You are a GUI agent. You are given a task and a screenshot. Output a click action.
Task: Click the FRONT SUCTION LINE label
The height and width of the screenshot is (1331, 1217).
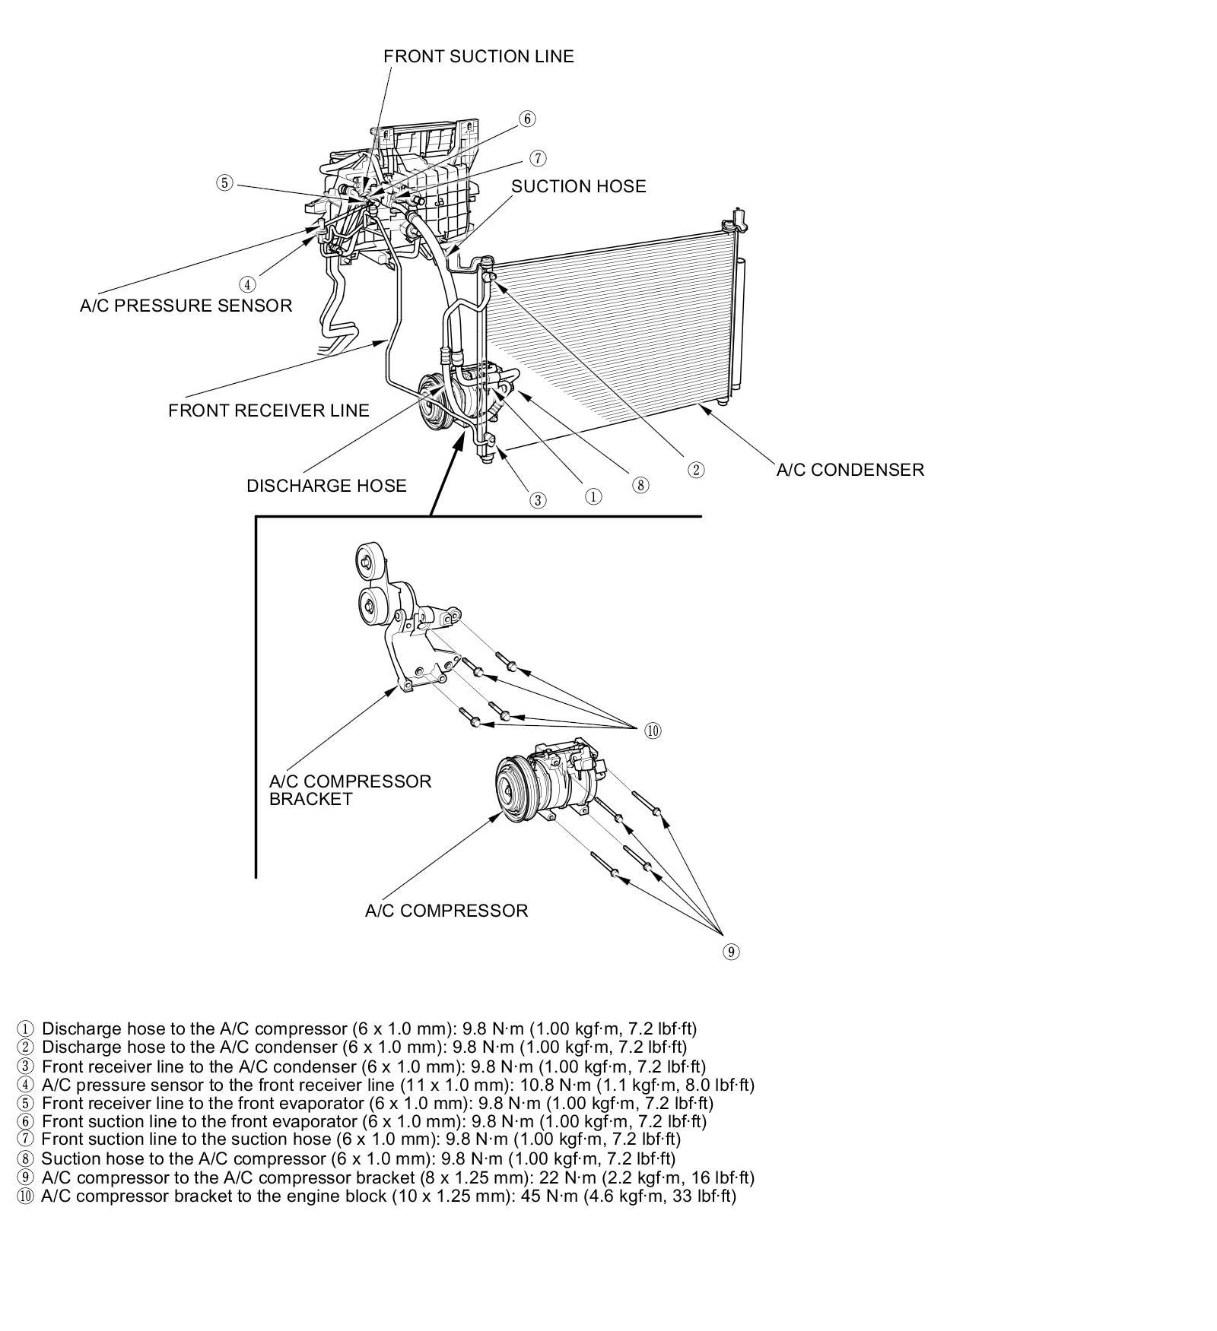pos(478,56)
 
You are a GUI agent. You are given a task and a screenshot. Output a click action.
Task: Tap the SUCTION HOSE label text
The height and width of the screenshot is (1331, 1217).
pos(578,186)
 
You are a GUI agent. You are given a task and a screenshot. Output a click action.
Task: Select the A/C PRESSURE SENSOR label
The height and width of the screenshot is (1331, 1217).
pos(186,306)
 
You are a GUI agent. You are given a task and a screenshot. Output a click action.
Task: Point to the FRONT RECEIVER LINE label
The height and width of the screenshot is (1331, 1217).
pos(269,410)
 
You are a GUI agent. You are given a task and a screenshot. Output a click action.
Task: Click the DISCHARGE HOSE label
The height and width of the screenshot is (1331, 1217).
pos(326,486)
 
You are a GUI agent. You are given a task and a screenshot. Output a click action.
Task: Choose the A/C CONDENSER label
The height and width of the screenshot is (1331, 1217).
pos(850,470)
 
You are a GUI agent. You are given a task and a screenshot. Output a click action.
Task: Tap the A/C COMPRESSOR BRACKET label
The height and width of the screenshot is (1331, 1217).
pos(350,790)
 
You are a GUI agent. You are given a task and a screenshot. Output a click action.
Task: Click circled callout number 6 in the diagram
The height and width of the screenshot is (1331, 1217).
pos(527,119)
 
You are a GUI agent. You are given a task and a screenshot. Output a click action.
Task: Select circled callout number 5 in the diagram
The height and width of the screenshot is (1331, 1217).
pos(224,183)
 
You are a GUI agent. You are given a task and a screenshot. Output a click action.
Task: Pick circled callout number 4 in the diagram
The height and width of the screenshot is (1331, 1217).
pos(247,285)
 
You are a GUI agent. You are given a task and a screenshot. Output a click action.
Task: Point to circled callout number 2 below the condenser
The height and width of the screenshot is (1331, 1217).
pos(696,470)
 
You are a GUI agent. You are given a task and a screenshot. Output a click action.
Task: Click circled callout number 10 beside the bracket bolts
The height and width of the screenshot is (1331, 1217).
pos(653,731)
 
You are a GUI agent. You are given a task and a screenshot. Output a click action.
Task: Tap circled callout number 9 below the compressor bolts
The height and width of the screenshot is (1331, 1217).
pos(730,952)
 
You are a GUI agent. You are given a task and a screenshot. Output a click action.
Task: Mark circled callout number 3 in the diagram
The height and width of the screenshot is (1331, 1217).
pos(538,500)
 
